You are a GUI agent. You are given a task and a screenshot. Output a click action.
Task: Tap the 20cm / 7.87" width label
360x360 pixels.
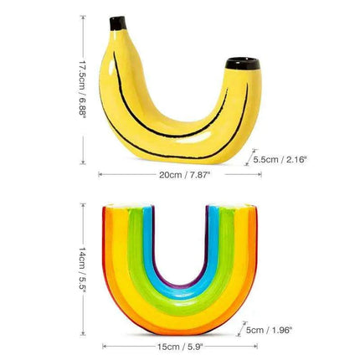point(186,175)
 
